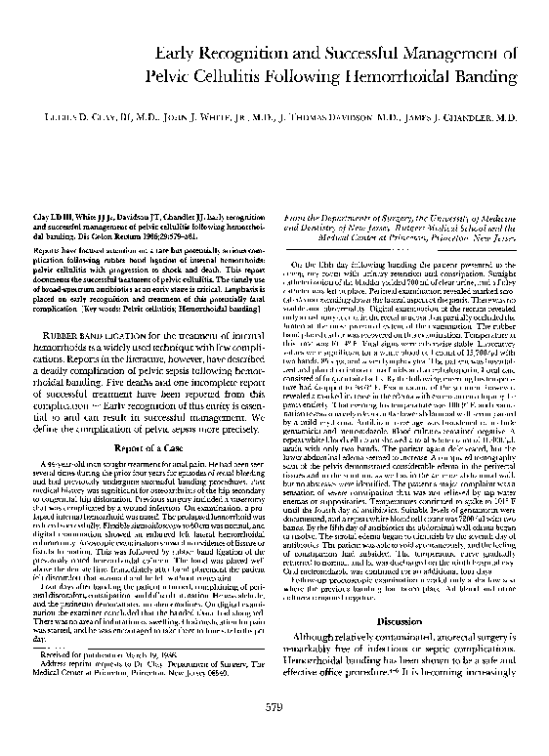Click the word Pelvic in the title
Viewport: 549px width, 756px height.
[170, 75]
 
